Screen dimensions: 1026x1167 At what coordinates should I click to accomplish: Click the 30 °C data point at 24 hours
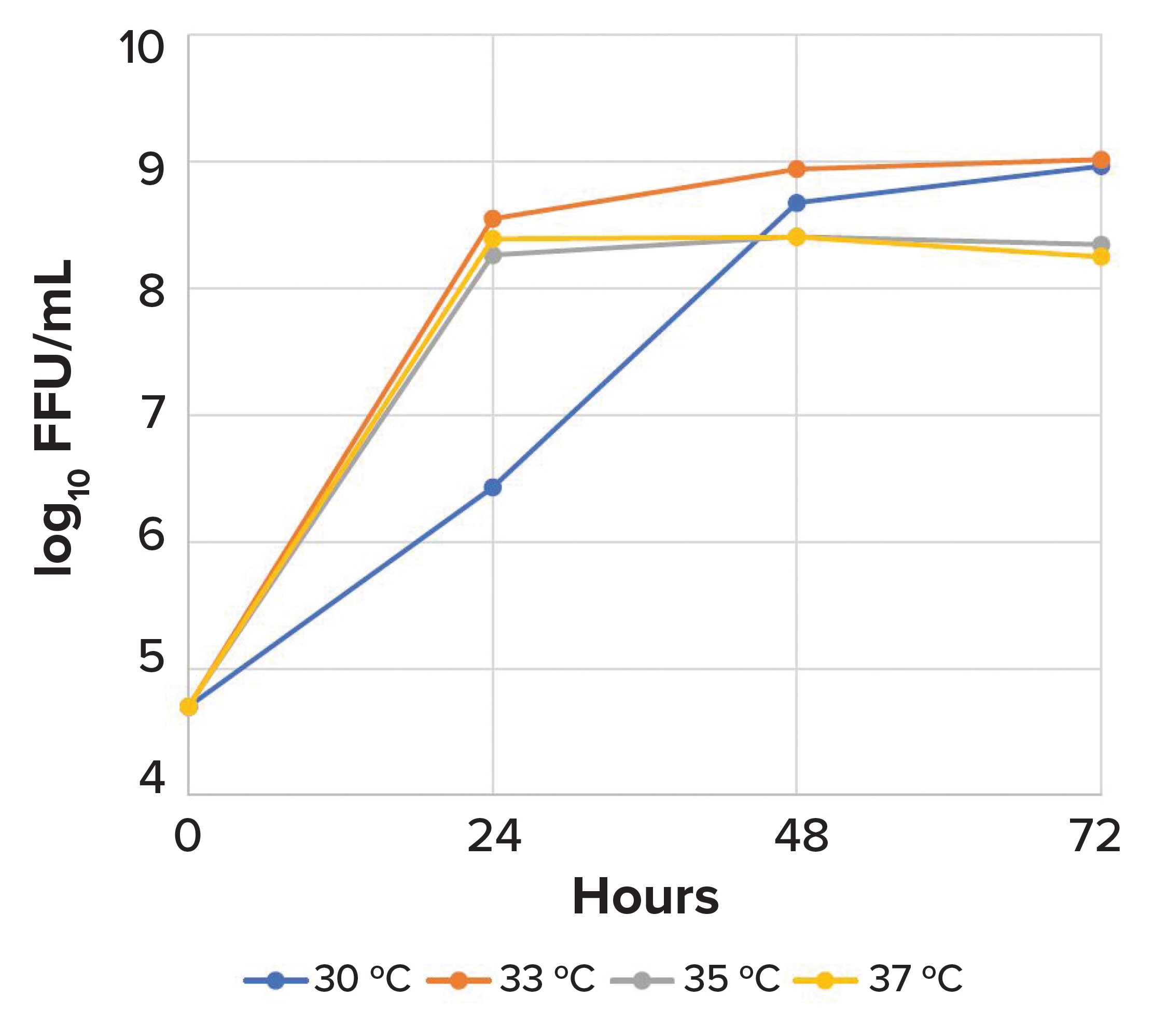coord(493,487)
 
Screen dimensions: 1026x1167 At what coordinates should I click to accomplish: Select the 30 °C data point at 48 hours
coord(797,203)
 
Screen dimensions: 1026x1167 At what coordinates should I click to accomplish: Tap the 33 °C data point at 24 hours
coord(493,219)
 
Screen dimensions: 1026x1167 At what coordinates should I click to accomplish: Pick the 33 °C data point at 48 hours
coord(797,169)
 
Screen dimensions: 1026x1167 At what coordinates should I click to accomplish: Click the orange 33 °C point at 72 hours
coord(1100,160)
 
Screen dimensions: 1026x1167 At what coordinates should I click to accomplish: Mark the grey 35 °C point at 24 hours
coord(493,255)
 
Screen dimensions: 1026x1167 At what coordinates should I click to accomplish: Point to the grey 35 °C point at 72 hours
coord(1101,244)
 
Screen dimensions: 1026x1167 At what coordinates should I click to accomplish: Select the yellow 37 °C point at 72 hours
coord(1100,257)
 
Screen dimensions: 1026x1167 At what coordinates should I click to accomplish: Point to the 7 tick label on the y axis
coord(152,415)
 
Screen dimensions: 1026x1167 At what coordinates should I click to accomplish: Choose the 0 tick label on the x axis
coord(188,837)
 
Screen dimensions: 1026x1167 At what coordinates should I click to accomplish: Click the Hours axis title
coord(645,898)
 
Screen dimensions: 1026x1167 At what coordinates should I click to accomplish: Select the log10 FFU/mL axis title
coord(57,417)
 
